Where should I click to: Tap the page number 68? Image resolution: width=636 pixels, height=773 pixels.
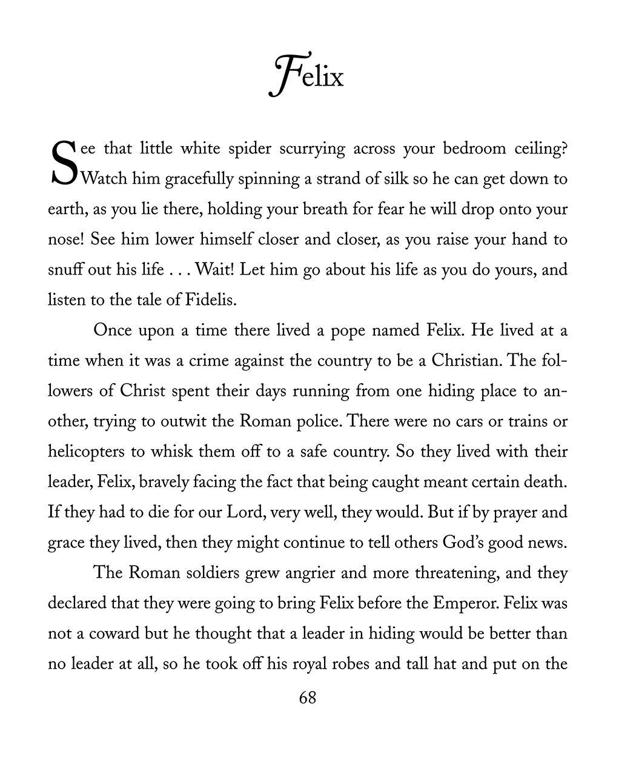308,698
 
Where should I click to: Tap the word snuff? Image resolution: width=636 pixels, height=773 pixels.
65,269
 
